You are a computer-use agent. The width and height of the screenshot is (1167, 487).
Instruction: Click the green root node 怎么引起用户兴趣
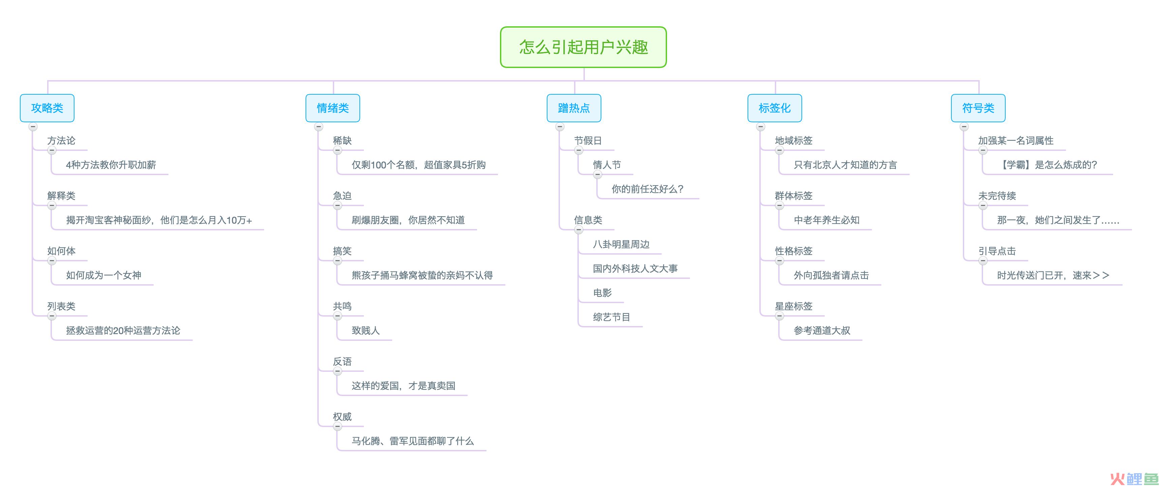coord(583,47)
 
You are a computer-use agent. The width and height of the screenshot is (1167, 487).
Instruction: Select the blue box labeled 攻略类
coord(47,108)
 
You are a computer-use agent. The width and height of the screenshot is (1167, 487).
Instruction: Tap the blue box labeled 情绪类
coord(333,108)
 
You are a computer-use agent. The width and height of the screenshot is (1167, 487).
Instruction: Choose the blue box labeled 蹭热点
coord(574,108)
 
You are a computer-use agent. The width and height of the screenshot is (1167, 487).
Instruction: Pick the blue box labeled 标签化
coord(775,108)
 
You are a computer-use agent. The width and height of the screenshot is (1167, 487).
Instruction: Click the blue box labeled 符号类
coord(978,108)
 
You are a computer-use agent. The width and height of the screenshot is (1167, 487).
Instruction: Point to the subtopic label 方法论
coord(61,140)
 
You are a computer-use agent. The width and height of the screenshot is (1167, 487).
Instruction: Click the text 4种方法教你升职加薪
coord(111,165)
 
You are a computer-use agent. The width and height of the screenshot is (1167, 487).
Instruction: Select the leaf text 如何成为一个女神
coord(104,275)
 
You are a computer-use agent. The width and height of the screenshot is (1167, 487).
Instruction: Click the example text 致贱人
coord(366,331)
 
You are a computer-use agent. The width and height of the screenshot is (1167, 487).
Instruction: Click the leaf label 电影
coord(602,293)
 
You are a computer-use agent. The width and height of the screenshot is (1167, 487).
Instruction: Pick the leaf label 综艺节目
coord(611,317)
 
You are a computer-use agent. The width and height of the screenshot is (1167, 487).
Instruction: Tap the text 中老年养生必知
coord(827,220)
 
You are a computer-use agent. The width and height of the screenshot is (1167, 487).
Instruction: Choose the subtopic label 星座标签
coord(794,306)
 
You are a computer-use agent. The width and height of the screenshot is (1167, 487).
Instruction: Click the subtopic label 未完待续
coord(997,196)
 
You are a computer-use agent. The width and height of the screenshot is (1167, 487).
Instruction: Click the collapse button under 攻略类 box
coord(33,127)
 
